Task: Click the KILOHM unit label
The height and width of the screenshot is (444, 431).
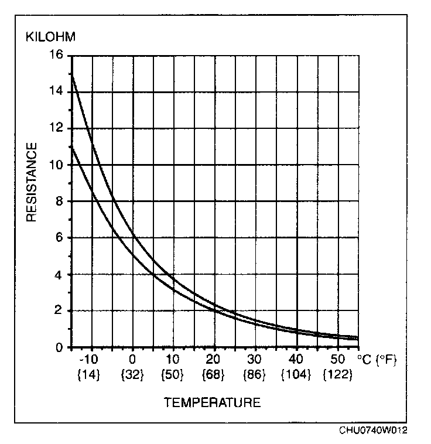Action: click(50, 37)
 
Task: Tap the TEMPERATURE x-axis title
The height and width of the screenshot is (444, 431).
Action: click(212, 402)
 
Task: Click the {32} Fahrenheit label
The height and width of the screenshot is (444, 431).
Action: click(132, 375)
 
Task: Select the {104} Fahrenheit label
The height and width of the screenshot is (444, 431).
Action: click(296, 375)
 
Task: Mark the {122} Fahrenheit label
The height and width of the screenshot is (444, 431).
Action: click(338, 375)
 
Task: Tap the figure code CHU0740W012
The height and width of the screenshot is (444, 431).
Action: click(373, 431)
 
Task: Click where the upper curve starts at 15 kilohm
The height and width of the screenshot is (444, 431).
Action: click(71, 74)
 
